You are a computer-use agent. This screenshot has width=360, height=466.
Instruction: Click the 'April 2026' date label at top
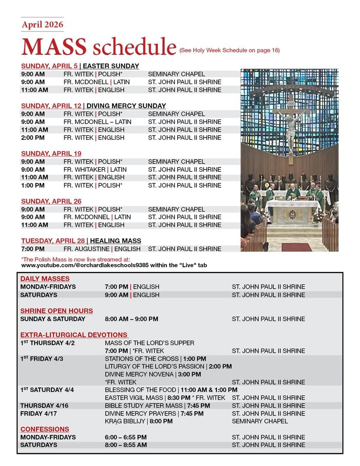(42, 25)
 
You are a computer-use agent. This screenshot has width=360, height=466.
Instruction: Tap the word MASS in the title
(53, 47)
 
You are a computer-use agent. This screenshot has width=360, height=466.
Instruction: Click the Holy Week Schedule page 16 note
(229, 50)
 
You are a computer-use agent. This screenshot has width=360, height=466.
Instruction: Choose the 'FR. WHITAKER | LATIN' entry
(95, 170)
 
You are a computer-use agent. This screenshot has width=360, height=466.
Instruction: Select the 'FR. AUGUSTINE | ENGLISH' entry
(102, 249)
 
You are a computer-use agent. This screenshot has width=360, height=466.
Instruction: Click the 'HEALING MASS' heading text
(116, 241)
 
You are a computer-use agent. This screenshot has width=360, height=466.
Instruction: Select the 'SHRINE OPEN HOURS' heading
(56, 311)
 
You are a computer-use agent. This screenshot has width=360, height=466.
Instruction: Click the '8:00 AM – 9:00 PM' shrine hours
(131, 319)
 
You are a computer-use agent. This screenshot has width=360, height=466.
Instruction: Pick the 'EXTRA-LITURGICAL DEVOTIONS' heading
(74, 335)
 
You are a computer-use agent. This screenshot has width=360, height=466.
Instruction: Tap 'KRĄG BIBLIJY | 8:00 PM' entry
(138, 421)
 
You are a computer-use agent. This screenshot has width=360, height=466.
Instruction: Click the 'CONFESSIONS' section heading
(45, 429)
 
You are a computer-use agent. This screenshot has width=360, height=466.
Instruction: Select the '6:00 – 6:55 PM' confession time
(126, 437)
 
